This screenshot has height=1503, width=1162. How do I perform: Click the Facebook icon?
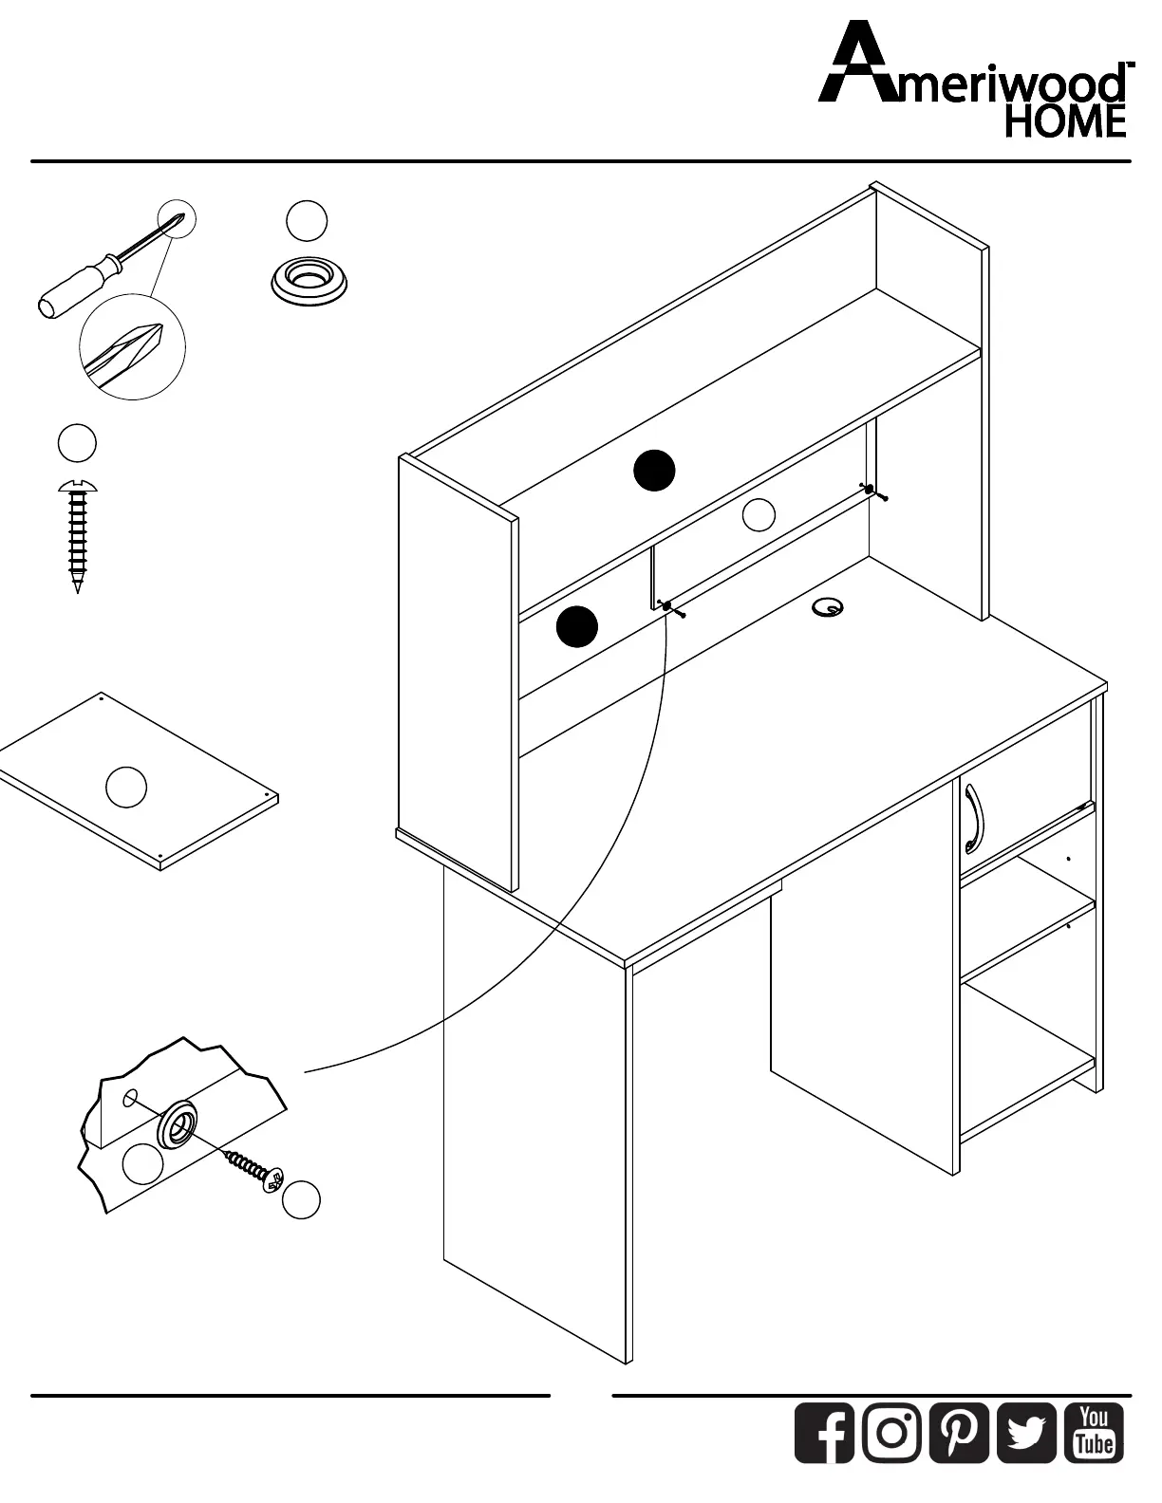824,1432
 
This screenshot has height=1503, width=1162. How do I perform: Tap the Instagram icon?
891,1432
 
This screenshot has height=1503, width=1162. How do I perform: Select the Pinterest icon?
959,1432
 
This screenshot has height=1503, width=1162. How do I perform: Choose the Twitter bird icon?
1026,1432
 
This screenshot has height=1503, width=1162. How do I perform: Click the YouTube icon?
1094,1432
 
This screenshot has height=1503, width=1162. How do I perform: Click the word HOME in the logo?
1065,121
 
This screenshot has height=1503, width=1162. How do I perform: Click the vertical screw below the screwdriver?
77,536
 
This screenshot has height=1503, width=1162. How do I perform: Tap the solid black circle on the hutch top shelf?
654,471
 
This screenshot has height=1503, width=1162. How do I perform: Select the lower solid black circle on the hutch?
576,626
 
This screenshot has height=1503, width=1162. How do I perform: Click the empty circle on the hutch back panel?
759,514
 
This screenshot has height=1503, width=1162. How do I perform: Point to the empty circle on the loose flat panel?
126,788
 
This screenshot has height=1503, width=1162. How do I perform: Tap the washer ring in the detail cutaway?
178,1124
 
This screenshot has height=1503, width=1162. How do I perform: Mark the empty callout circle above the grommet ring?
307,220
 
